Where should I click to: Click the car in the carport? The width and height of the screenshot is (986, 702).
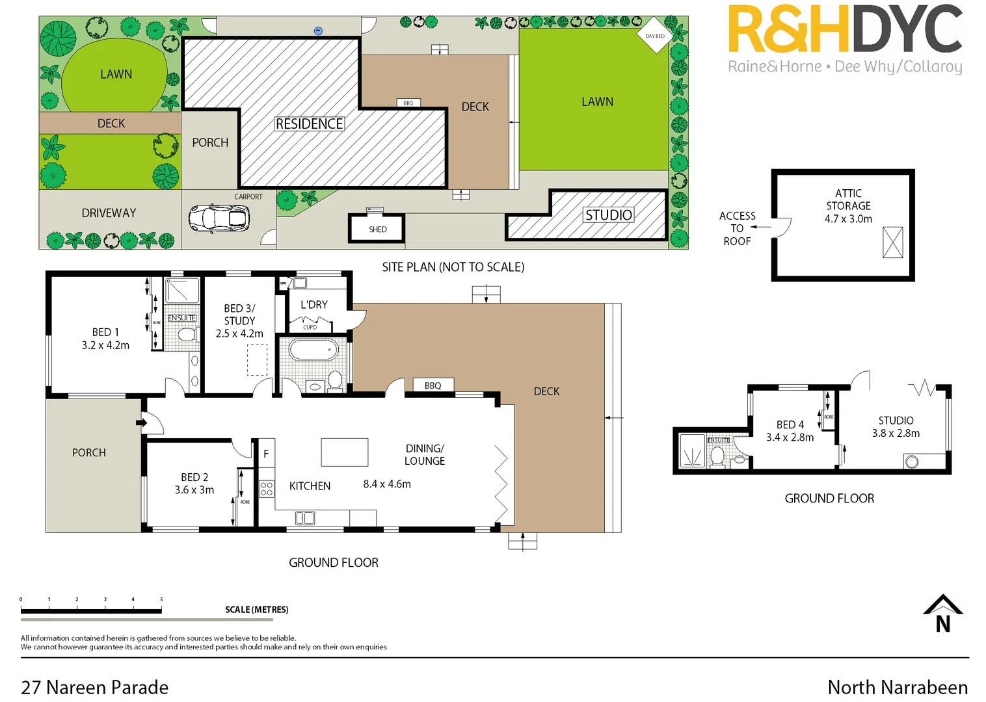point(219,218)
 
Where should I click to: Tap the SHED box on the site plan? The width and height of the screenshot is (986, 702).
point(377,229)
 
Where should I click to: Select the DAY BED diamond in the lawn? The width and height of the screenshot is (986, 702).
point(654,36)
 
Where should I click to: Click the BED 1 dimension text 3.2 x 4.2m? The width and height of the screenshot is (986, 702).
point(105,345)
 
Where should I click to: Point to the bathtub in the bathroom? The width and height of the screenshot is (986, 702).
point(313,350)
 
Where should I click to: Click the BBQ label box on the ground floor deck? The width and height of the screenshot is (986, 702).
point(433,385)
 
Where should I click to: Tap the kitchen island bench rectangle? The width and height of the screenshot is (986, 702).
point(344,452)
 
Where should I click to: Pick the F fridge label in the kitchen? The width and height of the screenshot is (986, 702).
point(265,454)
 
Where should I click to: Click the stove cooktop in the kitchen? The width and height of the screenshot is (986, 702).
point(267,489)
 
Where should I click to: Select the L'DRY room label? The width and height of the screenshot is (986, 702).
point(314,304)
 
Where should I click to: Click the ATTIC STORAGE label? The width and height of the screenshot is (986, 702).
point(848,205)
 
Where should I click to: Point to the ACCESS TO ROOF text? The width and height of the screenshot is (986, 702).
point(737,228)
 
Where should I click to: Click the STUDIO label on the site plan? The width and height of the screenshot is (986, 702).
point(608,214)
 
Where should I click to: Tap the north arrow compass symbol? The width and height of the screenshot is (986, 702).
point(942,614)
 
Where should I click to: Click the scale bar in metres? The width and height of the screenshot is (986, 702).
point(91,610)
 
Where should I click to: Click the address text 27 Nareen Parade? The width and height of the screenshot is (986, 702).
point(95,687)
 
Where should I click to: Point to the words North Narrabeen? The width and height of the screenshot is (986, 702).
point(897,687)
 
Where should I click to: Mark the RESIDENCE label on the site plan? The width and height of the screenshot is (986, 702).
point(309,123)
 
